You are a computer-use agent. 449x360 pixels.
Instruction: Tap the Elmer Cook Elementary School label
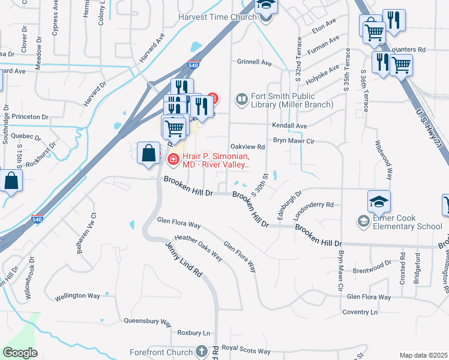click(406, 222)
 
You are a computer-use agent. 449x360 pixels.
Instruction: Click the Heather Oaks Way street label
click(198, 248)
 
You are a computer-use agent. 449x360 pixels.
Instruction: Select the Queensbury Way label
click(148, 321)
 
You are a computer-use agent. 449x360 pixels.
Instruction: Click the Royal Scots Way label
click(246, 351)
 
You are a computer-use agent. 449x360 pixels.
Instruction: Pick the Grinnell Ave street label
click(254, 62)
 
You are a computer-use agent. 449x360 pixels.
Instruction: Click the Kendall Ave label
click(289, 126)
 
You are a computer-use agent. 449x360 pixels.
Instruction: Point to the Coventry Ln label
click(360, 312)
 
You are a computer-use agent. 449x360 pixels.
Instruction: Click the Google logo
click(20, 353)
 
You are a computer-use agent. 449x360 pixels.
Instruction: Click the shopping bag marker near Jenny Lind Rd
click(148, 152)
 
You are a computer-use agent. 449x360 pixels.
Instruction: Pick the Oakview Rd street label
click(248, 146)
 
